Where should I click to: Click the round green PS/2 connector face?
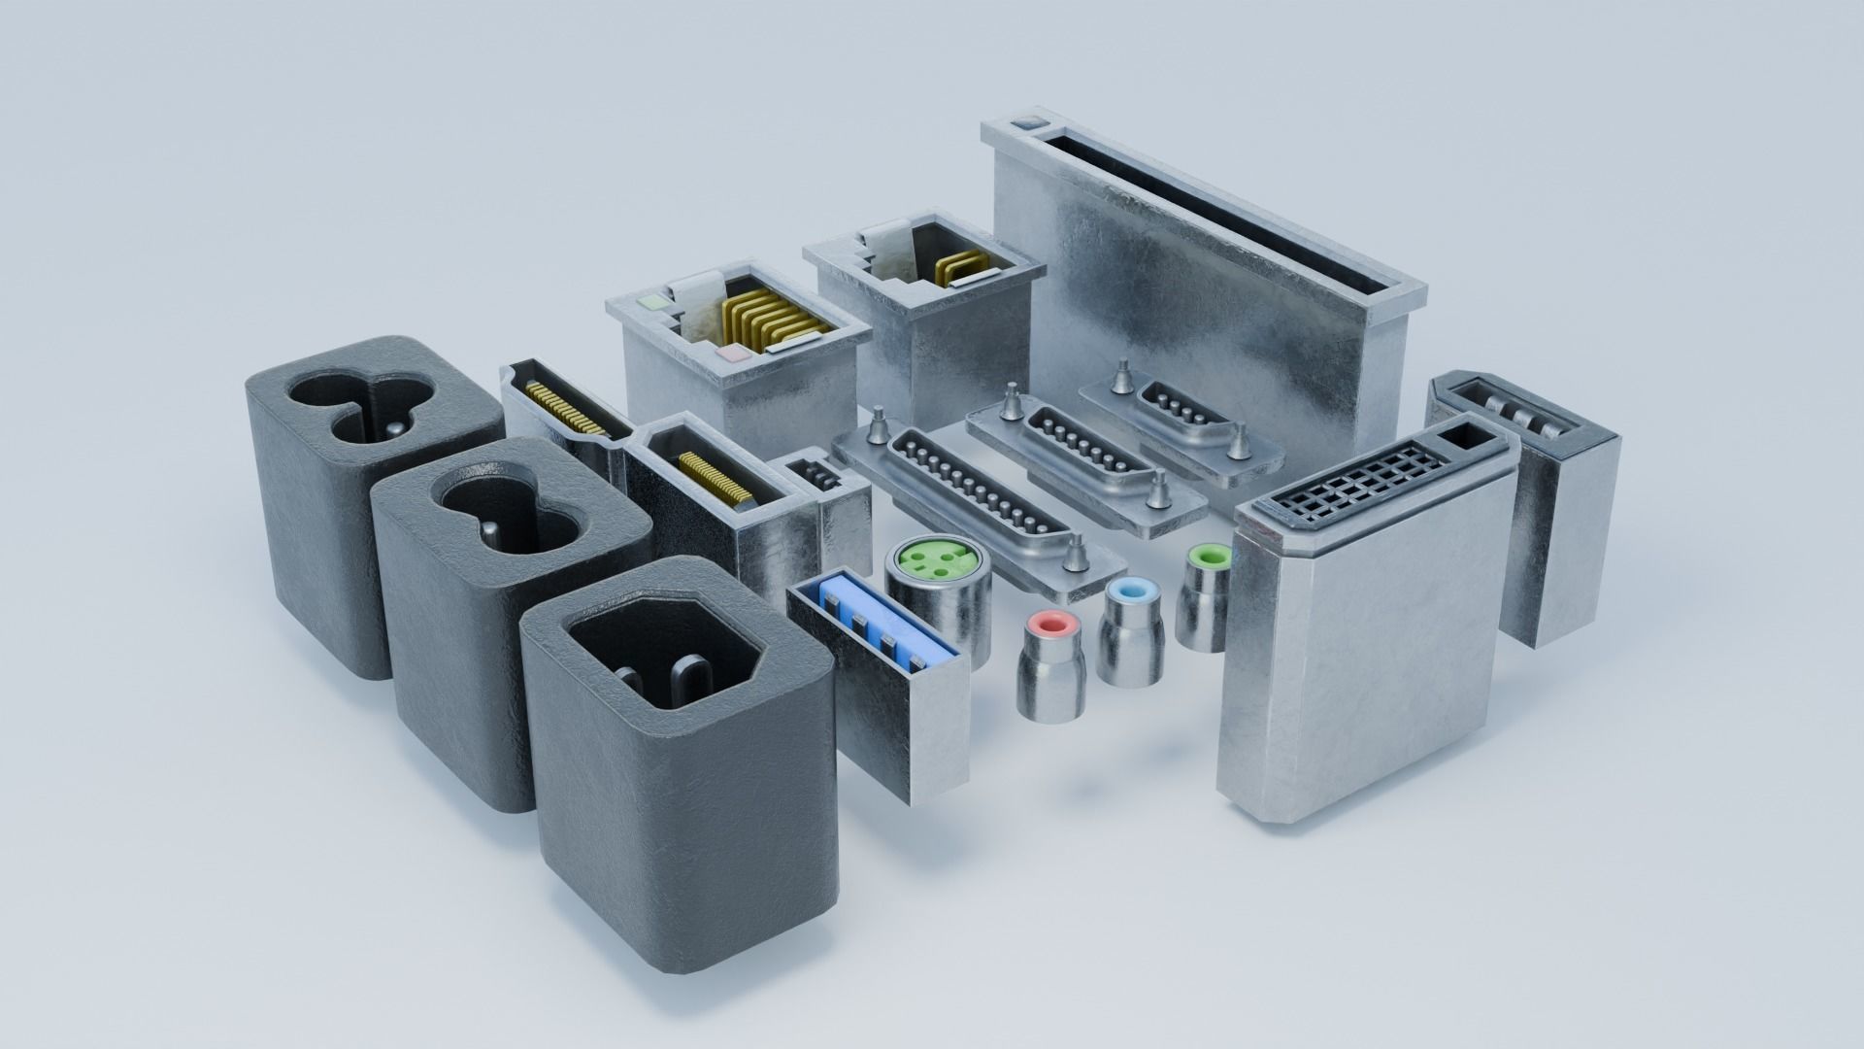(x=936, y=558)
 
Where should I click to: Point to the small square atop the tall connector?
(x=1026, y=124)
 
